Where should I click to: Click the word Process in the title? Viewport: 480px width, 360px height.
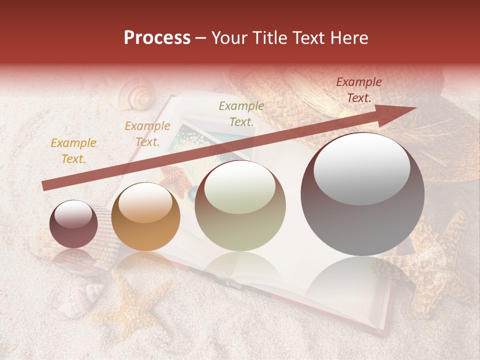pos(157,38)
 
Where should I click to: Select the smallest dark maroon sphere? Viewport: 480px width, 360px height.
pos(73,224)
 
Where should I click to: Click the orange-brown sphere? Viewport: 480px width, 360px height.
pos(145,217)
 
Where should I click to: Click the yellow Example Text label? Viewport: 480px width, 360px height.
pos(73,151)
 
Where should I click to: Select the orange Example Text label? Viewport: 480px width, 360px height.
pos(147,134)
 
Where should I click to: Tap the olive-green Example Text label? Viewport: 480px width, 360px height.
pos(241,113)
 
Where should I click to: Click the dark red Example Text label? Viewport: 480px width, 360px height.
pos(359,90)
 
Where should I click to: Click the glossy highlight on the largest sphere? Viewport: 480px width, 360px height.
pos(362,167)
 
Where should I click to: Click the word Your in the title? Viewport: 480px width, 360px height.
pos(228,38)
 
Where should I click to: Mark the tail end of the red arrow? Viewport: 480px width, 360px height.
pos(46,186)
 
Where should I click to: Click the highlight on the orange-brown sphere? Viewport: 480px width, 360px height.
pos(144,202)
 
